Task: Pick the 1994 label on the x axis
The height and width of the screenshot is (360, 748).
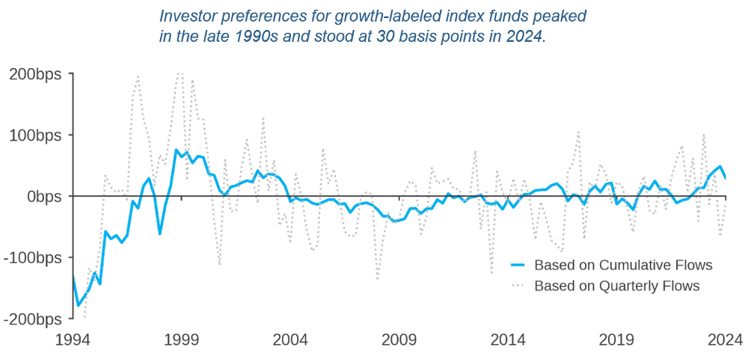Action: (x=73, y=339)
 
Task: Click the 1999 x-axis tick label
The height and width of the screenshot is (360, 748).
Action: (x=181, y=339)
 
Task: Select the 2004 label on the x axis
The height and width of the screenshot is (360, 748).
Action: (x=290, y=339)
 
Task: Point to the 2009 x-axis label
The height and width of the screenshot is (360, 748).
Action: (x=399, y=339)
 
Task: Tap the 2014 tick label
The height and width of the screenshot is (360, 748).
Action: (x=508, y=339)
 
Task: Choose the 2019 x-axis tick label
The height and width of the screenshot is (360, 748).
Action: (x=616, y=339)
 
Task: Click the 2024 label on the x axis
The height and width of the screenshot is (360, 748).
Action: (x=724, y=339)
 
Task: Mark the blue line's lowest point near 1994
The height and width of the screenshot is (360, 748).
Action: (x=78, y=305)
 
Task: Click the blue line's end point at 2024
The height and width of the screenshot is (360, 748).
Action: (x=725, y=177)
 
